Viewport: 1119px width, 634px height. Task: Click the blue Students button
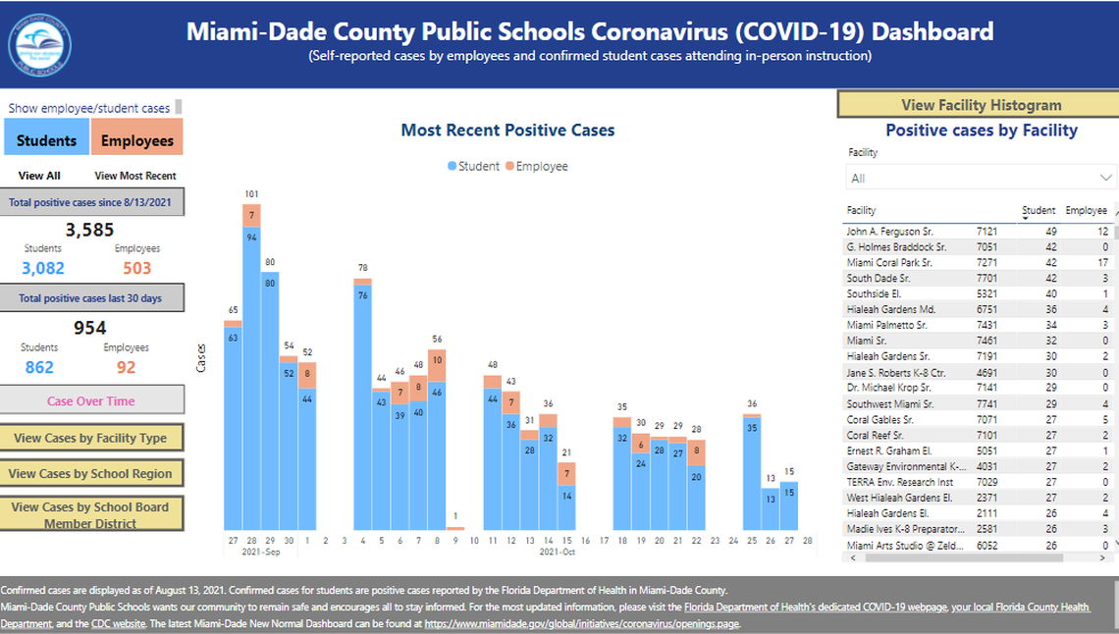click(x=46, y=139)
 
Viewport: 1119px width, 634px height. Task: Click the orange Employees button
click(x=137, y=139)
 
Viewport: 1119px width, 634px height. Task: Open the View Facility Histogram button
click(x=981, y=105)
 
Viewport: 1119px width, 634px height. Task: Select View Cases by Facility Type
click(x=90, y=438)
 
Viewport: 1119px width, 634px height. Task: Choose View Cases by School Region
click(x=90, y=473)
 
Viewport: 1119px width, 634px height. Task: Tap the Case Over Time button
click(x=90, y=400)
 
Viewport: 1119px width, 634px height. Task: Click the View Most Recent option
click(x=135, y=176)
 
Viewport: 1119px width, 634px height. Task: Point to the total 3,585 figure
click(x=90, y=231)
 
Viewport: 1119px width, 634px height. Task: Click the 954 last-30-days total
click(x=89, y=328)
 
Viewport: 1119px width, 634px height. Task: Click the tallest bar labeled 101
click(x=251, y=373)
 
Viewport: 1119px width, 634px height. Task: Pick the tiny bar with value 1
click(x=454, y=528)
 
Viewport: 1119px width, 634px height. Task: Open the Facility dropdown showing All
click(x=981, y=178)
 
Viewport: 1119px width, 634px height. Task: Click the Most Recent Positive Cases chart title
click(x=507, y=131)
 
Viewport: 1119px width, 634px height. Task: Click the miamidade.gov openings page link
click(x=582, y=623)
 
